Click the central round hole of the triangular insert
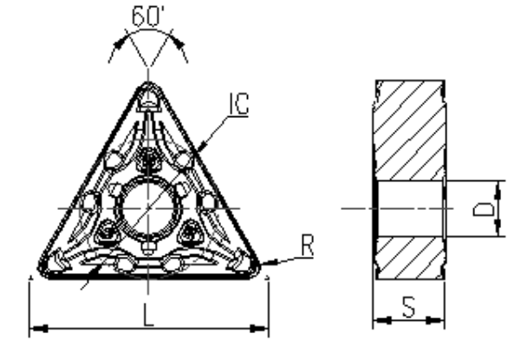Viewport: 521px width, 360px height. tap(148, 208)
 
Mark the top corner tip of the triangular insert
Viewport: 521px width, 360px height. tap(149, 85)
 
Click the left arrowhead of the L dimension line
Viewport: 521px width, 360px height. tap(35, 329)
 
